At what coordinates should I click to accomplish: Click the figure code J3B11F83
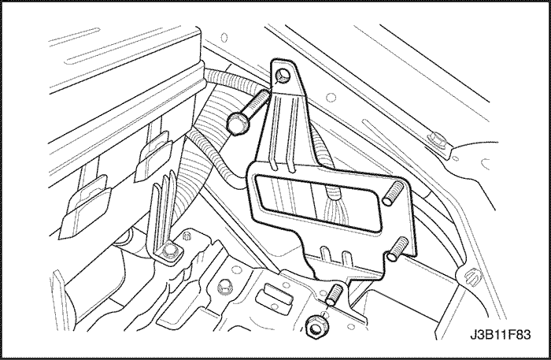pos(501,335)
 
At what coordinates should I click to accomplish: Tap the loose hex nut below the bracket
pos(315,327)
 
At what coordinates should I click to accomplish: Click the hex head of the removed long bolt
pos(237,124)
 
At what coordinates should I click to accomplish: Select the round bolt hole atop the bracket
pos(283,76)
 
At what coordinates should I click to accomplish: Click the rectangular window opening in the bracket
pos(317,202)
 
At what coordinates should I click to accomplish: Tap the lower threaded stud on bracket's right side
pos(398,249)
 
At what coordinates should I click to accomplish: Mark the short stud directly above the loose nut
pos(334,295)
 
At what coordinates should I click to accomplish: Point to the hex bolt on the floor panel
pos(224,287)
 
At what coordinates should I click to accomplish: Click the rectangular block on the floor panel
pos(274,295)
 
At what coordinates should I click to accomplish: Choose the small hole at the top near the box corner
pos(224,37)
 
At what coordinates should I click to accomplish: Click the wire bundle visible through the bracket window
pos(335,206)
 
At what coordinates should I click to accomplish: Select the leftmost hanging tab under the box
pos(85,208)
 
